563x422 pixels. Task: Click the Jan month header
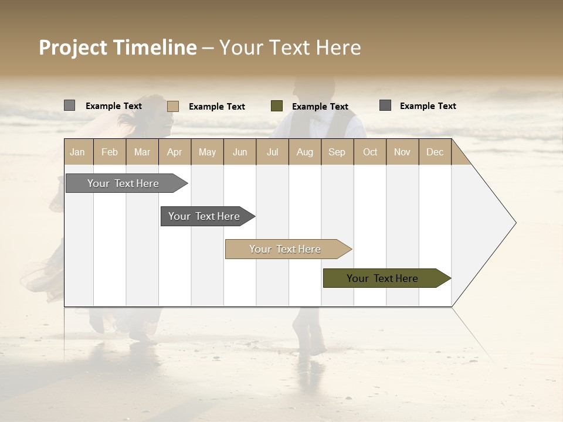(x=77, y=152)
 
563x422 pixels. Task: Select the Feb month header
(x=110, y=152)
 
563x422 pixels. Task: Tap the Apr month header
(x=174, y=152)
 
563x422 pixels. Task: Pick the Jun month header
(x=240, y=152)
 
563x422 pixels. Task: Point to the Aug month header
(x=304, y=152)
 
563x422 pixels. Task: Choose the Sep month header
(x=337, y=152)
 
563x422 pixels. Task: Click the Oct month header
(x=370, y=152)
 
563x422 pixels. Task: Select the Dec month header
(x=435, y=152)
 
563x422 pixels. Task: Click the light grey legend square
(x=70, y=105)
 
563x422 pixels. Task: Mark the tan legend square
(x=173, y=106)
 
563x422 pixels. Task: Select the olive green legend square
(x=277, y=106)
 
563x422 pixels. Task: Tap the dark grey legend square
(x=385, y=105)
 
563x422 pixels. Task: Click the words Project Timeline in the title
(x=117, y=47)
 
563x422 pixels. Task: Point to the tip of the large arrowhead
(x=515, y=223)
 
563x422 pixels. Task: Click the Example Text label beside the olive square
(x=320, y=107)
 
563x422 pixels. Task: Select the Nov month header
(x=402, y=152)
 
